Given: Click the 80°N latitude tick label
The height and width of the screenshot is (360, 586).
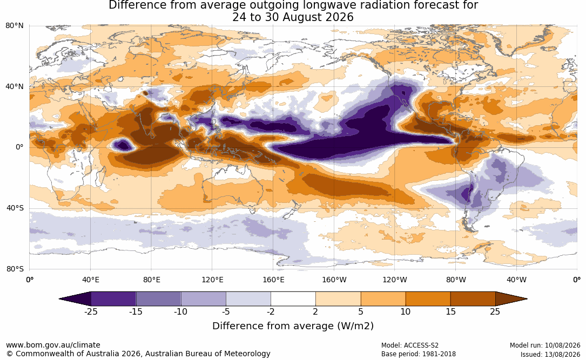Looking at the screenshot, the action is pos(14,26).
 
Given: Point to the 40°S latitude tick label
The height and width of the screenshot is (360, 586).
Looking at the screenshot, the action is pos(15,208).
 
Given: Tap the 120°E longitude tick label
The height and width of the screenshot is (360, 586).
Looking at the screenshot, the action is pos(212,280).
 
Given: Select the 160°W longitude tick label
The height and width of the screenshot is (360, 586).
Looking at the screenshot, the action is pos(334,280).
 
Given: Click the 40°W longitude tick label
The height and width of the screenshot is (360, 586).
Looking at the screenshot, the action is pos(516,280).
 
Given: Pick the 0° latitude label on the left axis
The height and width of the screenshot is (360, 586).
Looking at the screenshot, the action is pos(19,147).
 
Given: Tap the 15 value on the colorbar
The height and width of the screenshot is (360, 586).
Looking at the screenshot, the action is pos(450,311).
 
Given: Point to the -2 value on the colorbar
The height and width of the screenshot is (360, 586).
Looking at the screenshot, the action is pos(271,311).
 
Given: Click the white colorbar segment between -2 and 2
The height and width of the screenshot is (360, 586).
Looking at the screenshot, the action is pos(293,299).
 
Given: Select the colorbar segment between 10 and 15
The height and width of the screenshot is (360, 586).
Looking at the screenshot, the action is pos(428,299).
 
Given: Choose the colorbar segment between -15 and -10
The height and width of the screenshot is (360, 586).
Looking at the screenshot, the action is pos(158,299).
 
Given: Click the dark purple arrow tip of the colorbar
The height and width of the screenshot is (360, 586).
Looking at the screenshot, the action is pos(60,299).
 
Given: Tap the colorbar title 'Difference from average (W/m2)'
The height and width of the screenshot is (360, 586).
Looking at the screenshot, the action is pos(293,326).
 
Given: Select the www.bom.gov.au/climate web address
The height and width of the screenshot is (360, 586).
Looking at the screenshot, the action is pos(53,345).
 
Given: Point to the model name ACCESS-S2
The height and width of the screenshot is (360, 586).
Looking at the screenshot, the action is pos(421,345).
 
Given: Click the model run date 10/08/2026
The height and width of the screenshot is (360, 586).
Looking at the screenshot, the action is pos(562,345).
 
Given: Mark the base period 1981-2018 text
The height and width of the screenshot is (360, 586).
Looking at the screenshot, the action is pos(438,354).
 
